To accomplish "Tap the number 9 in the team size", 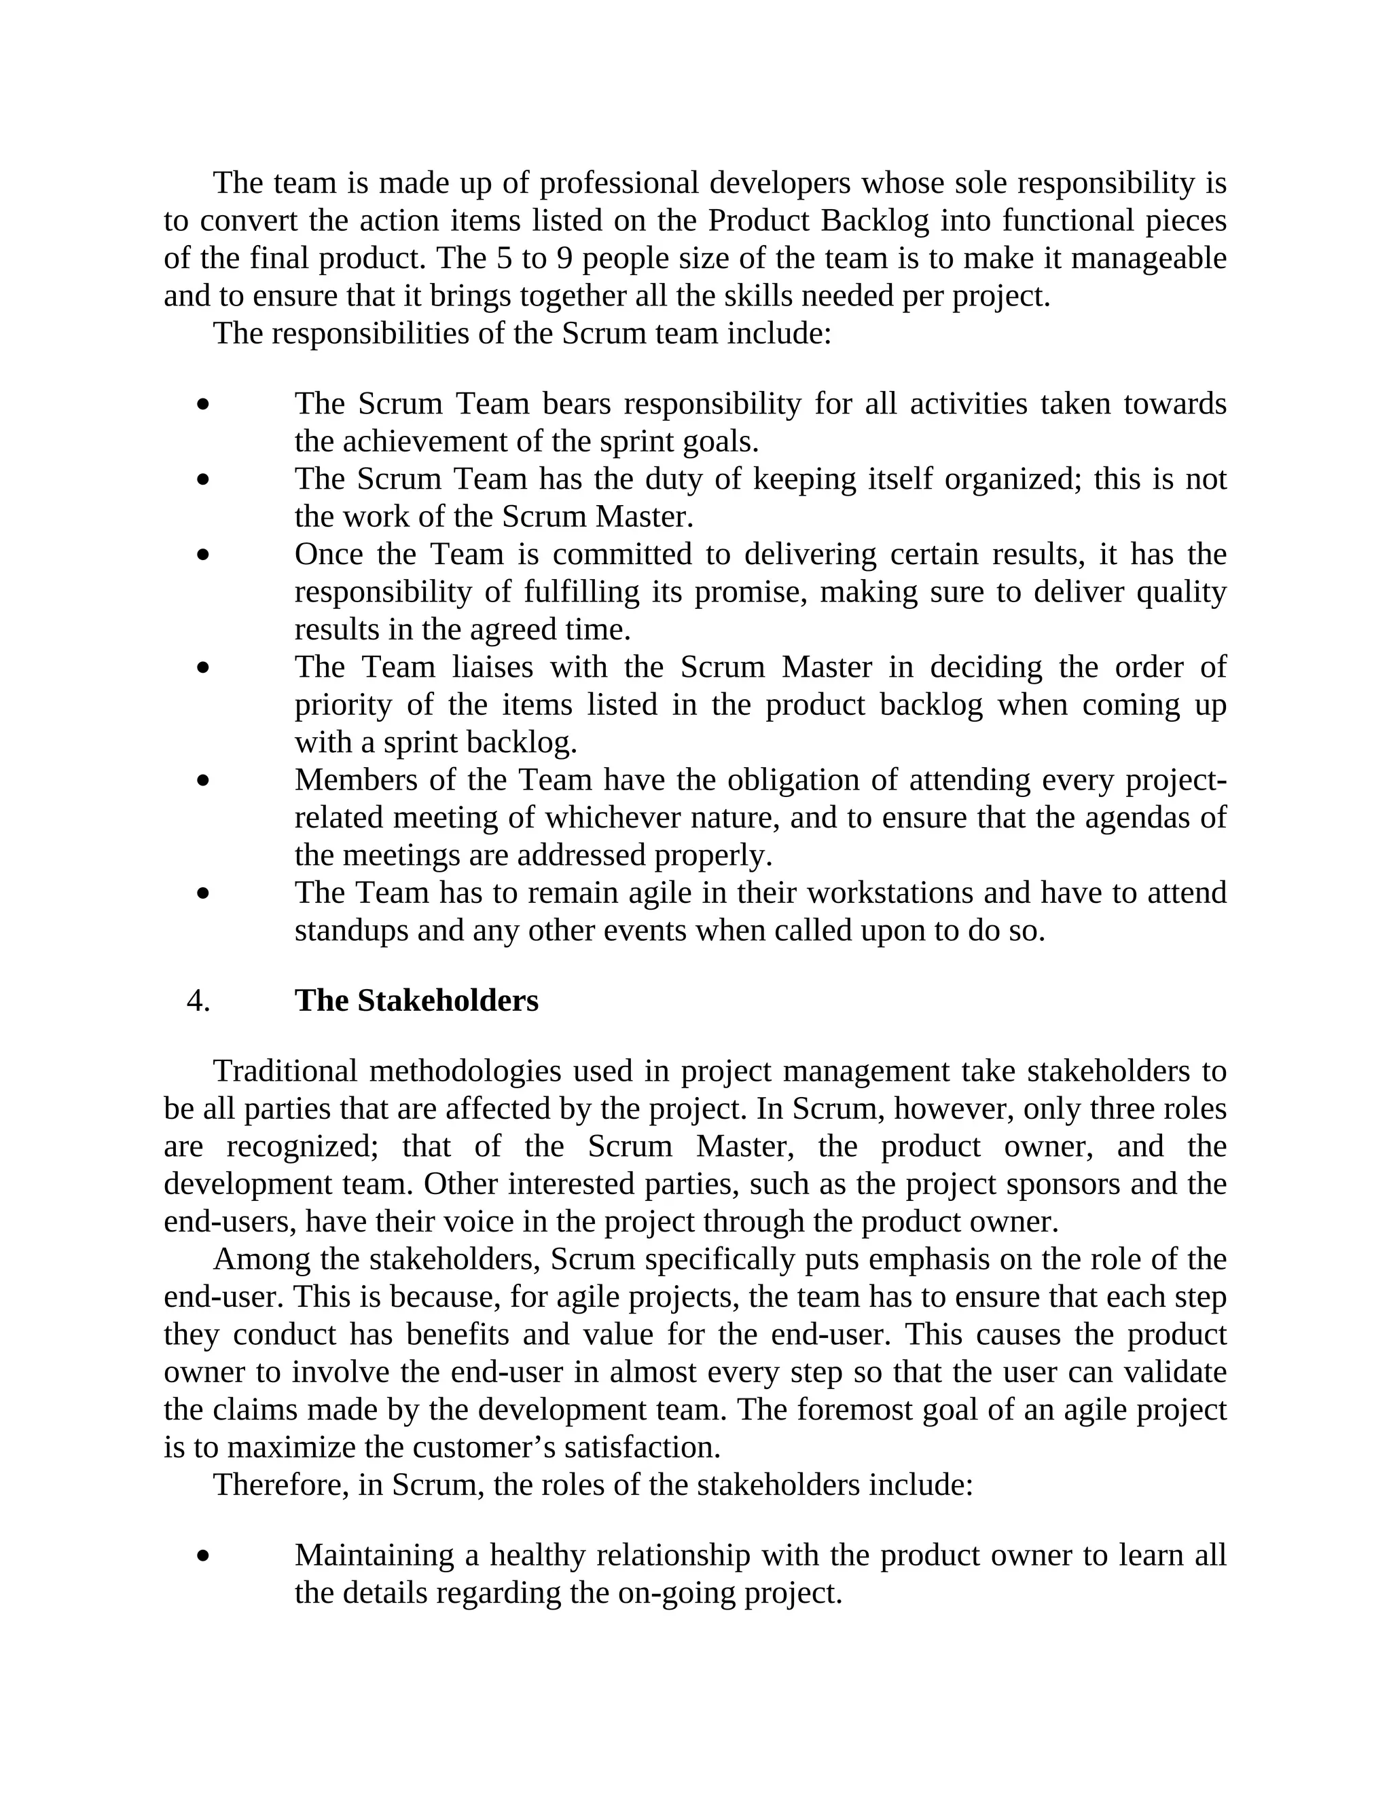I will tap(564, 259).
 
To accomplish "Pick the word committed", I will tap(622, 555).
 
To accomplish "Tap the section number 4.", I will tap(198, 1001).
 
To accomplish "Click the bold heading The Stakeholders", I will tap(416, 1001).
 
